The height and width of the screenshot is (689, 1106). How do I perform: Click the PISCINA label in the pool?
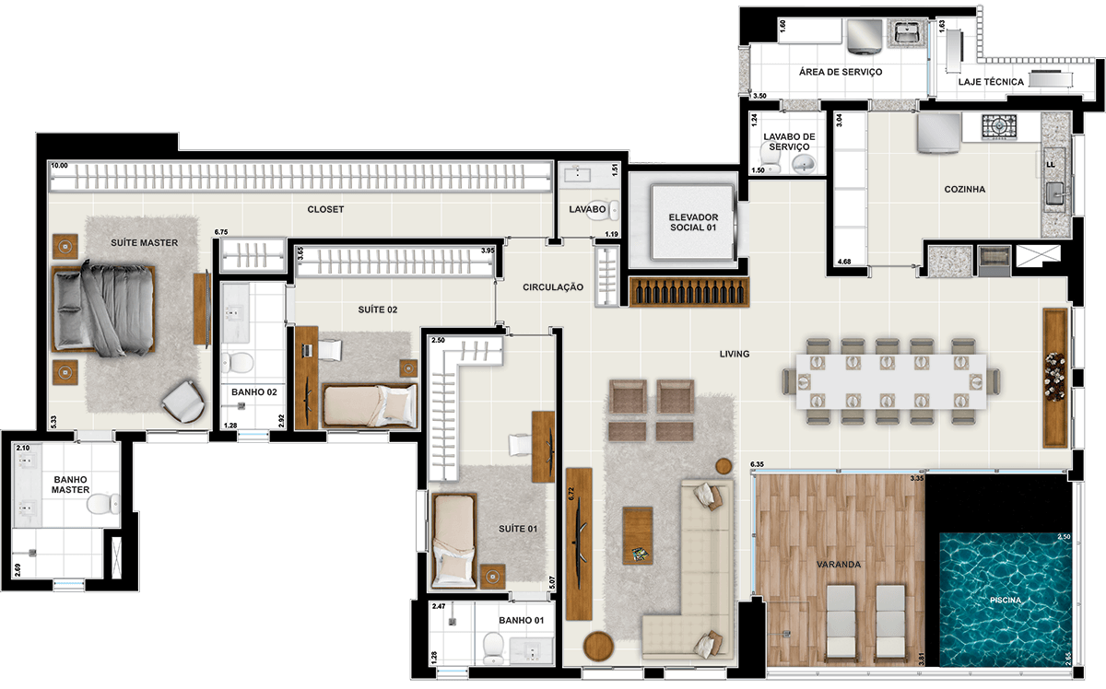(1006, 601)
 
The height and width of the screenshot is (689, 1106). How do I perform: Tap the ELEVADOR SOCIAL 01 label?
(693, 222)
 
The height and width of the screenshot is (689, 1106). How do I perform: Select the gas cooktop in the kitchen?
(999, 126)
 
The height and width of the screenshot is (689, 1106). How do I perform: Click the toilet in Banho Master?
(102, 504)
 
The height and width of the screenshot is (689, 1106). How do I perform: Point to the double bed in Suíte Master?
(103, 309)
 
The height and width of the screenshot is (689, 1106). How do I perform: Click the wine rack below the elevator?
(689, 292)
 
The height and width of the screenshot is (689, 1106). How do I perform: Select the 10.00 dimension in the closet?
(59, 166)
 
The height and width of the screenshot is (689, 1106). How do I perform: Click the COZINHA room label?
(964, 189)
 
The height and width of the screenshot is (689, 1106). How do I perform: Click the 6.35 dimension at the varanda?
(757, 464)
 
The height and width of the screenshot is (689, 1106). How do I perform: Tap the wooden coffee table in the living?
(638, 535)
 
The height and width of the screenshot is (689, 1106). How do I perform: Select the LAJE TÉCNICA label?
(991, 82)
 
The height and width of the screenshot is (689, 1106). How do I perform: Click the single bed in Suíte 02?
(370, 405)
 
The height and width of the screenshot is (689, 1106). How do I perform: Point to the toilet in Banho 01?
(493, 648)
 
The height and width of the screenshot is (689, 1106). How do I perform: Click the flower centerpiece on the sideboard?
(1055, 377)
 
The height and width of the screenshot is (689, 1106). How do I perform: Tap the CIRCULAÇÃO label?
(553, 287)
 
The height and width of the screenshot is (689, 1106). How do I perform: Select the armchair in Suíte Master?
(183, 402)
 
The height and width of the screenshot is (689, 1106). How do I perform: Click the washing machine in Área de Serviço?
(865, 36)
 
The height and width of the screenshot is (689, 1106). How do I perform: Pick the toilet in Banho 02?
(237, 363)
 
